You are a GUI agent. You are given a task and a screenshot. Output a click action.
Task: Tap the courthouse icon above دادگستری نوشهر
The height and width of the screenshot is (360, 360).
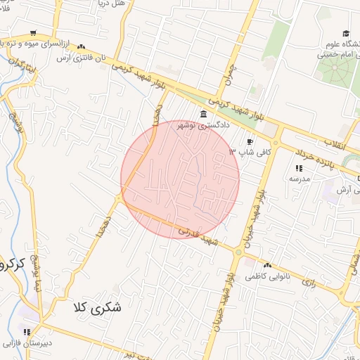203,115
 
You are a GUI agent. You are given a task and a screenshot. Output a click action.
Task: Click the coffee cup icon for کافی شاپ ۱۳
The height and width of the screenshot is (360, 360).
250,141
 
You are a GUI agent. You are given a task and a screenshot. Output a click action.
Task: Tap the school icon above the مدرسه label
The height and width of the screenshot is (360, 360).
299,169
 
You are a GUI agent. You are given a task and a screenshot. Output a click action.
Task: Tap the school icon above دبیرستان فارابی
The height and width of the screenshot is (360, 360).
27,332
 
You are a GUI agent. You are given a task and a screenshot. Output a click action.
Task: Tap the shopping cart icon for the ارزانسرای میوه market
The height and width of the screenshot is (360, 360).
33,33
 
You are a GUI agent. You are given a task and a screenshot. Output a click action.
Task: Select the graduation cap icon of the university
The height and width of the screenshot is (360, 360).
345,33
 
